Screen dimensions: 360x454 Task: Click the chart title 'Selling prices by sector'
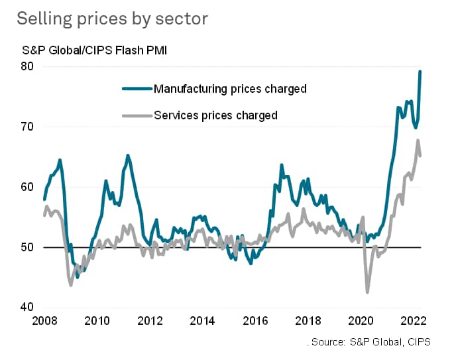coord(112,19)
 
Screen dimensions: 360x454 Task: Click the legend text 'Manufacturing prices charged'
coord(229,88)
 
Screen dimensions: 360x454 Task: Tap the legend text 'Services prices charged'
coord(215,115)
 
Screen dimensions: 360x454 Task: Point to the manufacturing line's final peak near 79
coord(420,72)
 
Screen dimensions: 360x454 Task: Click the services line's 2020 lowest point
coord(367,292)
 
